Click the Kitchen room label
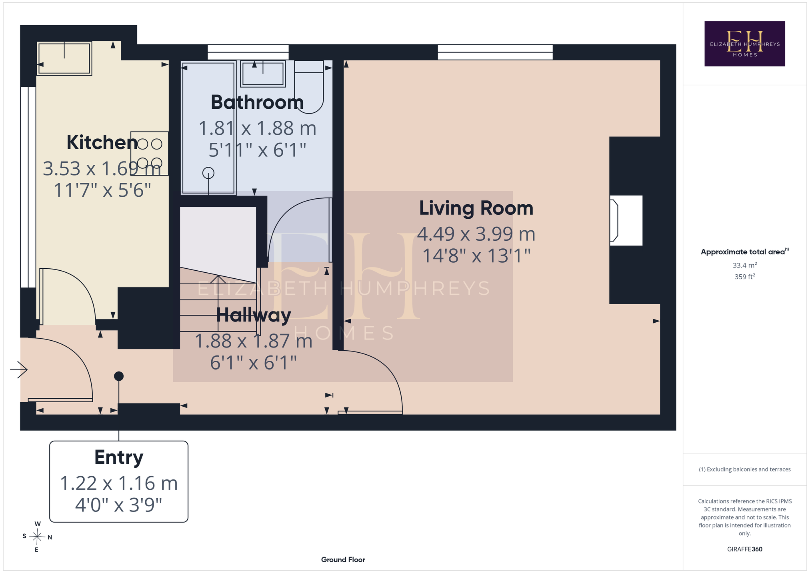click(x=102, y=142)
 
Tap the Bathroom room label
click(x=257, y=102)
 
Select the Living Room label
click(x=476, y=208)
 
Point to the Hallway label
click(x=254, y=315)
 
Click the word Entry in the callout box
click(x=119, y=457)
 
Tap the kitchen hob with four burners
click(x=149, y=154)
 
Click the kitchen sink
click(x=64, y=58)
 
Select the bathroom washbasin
click(x=263, y=74)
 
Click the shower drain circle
click(x=208, y=173)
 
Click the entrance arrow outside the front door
click(x=19, y=370)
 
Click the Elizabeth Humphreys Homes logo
click(x=745, y=44)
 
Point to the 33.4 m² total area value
click(x=745, y=265)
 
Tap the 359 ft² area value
click(x=745, y=276)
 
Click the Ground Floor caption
click(x=343, y=560)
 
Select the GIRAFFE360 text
click(x=745, y=549)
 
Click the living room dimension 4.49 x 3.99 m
click(x=476, y=234)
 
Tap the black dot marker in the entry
click(x=119, y=376)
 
